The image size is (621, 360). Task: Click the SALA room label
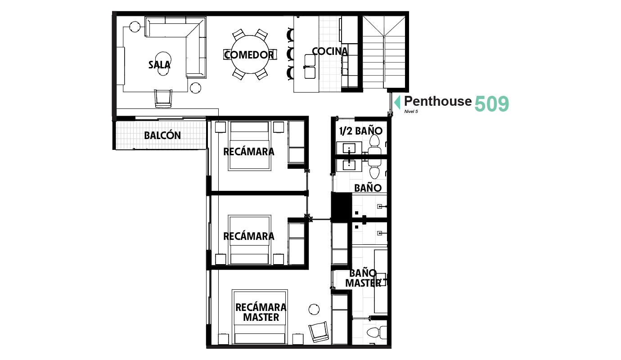click(159, 65)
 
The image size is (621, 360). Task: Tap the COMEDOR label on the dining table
click(249, 55)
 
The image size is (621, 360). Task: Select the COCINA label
click(330, 51)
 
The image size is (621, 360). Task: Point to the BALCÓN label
click(162, 135)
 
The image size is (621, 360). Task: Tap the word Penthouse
click(438, 101)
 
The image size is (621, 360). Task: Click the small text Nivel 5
click(411, 112)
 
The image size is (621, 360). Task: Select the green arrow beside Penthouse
click(397, 102)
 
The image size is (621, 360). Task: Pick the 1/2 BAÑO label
click(361, 131)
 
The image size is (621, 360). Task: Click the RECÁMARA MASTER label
click(261, 312)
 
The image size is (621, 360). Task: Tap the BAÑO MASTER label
click(363, 278)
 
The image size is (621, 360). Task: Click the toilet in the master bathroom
click(377, 332)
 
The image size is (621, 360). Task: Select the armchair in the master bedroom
click(319, 332)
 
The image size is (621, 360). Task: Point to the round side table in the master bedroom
click(314, 309)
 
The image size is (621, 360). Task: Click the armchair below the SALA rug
click(163, 99)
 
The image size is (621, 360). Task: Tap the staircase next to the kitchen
click(384, 52)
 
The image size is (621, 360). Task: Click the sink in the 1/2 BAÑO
click(349, 148)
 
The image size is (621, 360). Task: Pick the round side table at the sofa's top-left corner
click(135, 27)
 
